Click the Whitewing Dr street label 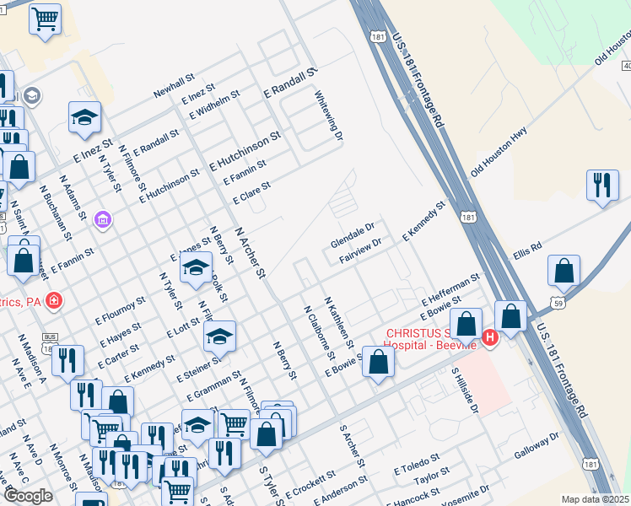pyautogui.click(x=330, y=116)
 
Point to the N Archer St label pyautogui.click(x=250, y=251)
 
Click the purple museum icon pyautogui.click(x=104, y=220)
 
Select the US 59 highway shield pyautogui.click(x=558, y=301)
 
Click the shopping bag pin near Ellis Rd pyautogui.click(x=564, y=272)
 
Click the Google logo pyautogui.click(x=28, y=495)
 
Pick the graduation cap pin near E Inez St pyautogui.click(x=84, y=118)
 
